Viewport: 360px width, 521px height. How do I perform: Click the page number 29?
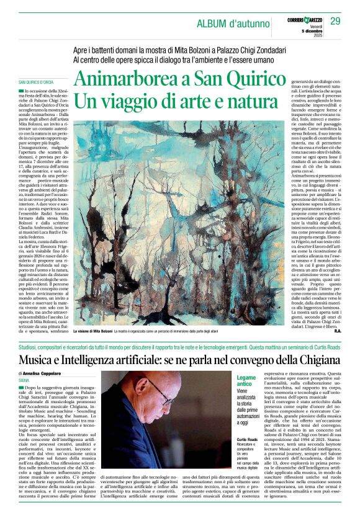[x=335, y=22]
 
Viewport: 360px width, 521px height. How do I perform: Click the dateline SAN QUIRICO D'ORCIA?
[x=36, y=82]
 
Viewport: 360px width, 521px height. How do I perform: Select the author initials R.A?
[x=336, y=331]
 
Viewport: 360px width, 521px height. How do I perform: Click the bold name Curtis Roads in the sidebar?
[x=247, y=421]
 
